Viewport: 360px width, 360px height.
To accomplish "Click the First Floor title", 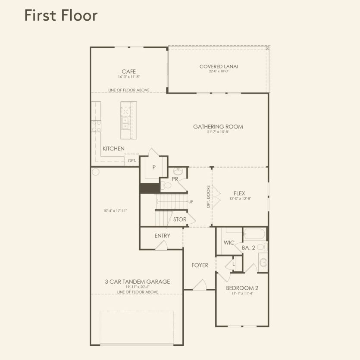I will click(61, 15).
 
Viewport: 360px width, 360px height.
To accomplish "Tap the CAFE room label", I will click(129, 72).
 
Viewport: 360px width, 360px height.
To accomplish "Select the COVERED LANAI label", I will click(219, 66).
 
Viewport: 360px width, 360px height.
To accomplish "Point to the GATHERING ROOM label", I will click(218, 127).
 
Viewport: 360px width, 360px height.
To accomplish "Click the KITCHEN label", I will click(113, 149).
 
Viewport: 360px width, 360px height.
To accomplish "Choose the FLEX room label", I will click(240, 194).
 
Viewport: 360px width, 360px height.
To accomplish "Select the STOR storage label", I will click(180, 219).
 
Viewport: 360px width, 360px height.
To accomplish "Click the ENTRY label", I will click(162, 236).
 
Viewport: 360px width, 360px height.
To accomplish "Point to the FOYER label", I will click(200, 265).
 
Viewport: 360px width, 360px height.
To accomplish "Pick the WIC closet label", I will click(229, 243).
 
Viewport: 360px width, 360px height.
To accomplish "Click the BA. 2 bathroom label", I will click(249, 248).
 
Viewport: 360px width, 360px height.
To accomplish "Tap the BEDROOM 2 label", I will click(242, 288).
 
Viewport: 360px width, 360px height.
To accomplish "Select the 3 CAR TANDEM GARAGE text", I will click(137, 282).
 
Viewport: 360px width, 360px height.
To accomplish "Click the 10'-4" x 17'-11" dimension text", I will click(115, 211).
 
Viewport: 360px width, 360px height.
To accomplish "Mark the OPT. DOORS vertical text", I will click(208, 197).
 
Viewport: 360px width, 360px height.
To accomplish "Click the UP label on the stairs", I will click(190, 202).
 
